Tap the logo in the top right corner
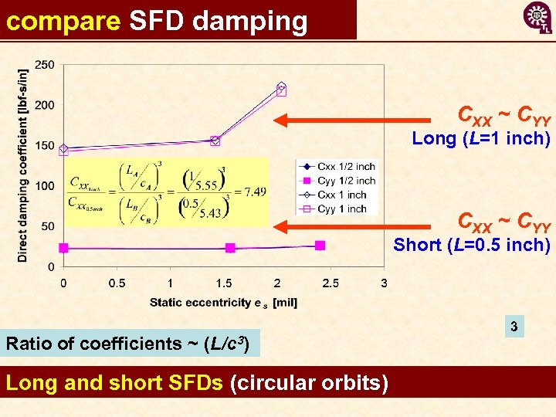pos(537,18)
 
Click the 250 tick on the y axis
pos(45,64)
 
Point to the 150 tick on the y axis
pos(45,145)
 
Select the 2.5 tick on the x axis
pos(331,283)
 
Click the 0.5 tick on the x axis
pos(117,283)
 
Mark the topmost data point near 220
pos(281,88)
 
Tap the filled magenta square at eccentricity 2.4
pos(320,246)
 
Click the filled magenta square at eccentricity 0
pos(63,248)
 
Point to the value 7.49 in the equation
pos(254,192)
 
